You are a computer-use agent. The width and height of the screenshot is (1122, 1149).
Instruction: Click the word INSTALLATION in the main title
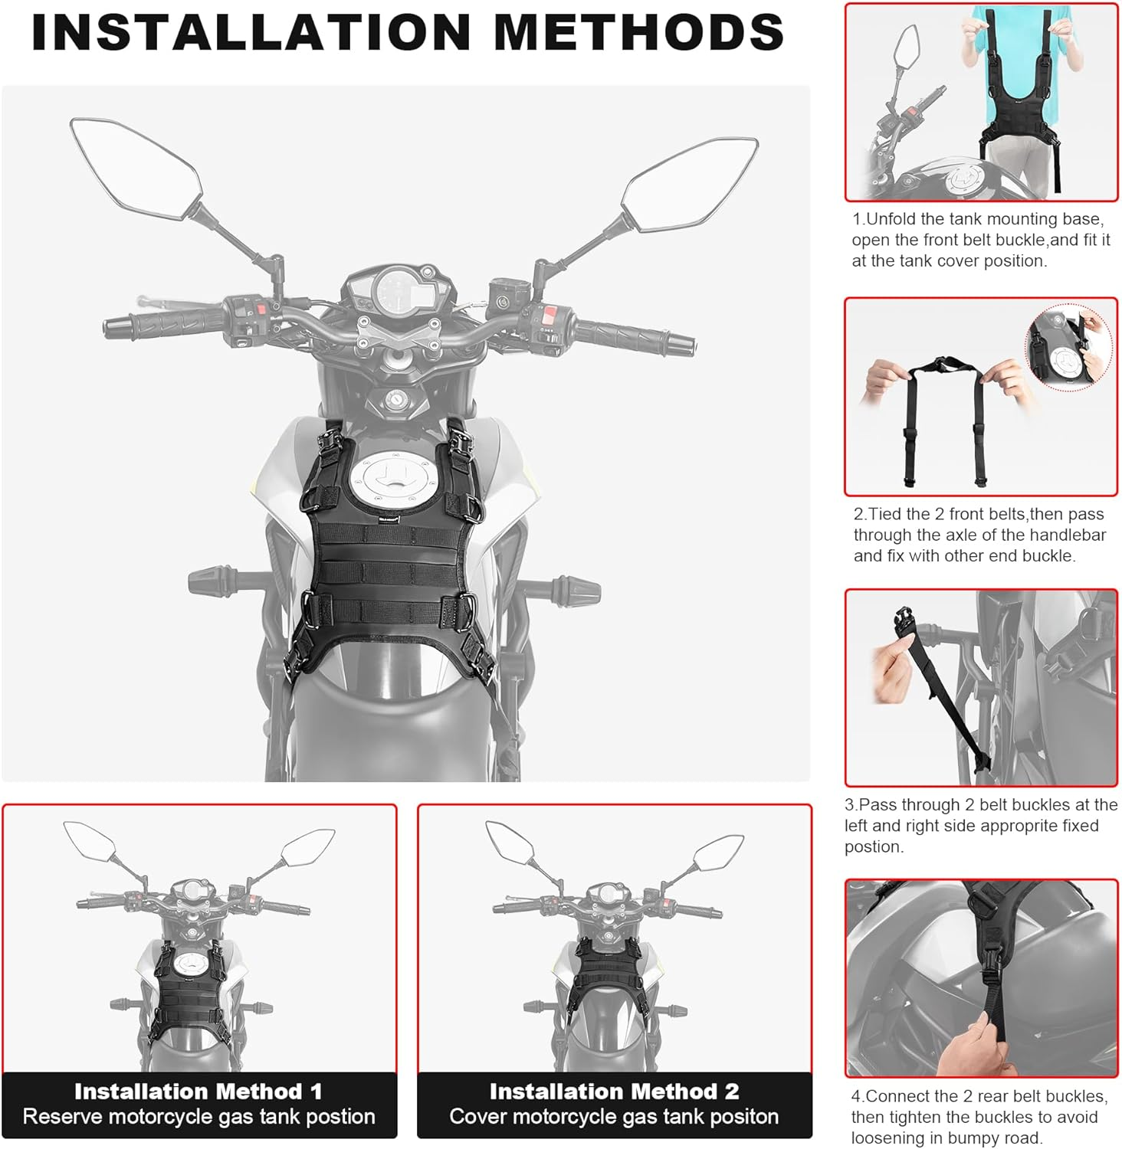point(250,32)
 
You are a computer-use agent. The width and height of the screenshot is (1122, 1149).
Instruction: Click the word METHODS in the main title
point(638,32)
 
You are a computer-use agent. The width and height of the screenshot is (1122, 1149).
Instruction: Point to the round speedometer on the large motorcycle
point(398,294)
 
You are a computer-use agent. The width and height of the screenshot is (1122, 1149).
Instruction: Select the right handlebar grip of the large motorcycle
point(634,336)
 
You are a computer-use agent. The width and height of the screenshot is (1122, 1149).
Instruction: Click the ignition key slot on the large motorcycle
point(395,399)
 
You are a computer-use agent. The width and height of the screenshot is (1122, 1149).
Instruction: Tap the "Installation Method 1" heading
point(198,1091)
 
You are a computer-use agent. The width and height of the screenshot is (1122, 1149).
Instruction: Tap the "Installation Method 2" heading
point(614,1091)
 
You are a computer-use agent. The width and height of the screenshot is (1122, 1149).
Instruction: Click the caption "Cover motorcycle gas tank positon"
point(614,1117)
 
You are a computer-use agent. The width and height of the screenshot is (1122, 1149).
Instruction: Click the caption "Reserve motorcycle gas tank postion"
point(198,1117)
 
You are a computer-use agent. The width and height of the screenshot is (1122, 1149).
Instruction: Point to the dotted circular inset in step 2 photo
point(1068,348)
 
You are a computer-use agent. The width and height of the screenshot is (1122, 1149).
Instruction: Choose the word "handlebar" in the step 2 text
point(1070,535)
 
